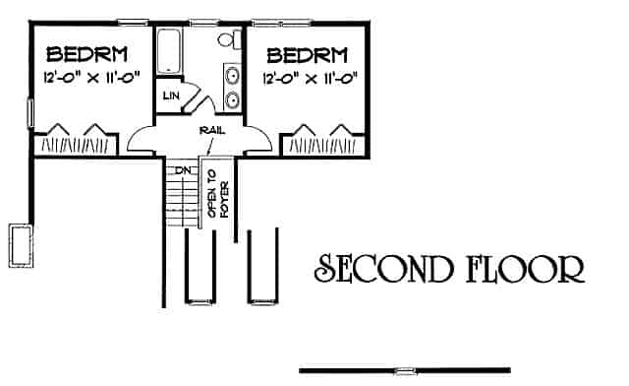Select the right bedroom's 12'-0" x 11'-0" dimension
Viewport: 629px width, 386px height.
tap(310, 77)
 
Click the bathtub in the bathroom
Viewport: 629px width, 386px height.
tap(170, 50)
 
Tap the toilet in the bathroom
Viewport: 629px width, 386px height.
tap(229, 40)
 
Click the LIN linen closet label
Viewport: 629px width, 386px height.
tap(169, 96)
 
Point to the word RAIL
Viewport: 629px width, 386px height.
tap(207, 128)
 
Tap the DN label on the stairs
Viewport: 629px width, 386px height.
tap(183, 170)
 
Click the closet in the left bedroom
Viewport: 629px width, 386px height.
tap(76, 144)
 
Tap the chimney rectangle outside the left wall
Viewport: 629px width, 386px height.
tap(21, 243)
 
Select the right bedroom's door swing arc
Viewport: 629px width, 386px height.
tap(257, 138)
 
